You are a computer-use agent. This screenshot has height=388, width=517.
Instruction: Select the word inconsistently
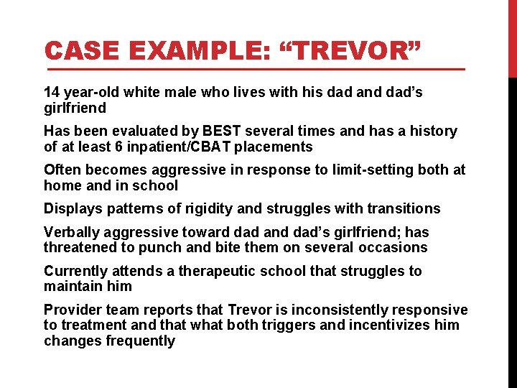344,310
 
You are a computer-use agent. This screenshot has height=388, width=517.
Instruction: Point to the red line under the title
255,70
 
